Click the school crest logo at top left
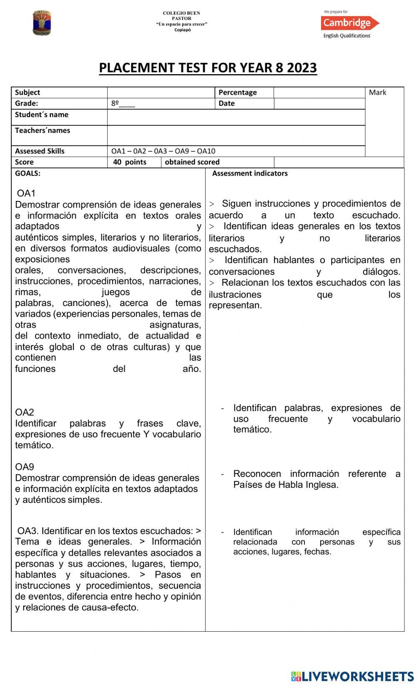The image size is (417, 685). (x=42, y=23)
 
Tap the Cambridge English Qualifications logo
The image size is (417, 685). (x=349, y=24)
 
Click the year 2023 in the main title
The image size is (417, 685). (x=301, y=68)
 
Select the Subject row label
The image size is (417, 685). (x=28, y=93)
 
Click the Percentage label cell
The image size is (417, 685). (x=237, y=93)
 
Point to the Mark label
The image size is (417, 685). (x=377, y=93)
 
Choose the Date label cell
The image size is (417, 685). (x=226, y=103)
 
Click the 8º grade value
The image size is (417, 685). (x=116, y=103)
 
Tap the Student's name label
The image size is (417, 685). (x=42, y=115)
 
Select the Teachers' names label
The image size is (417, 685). (x=43, y=130)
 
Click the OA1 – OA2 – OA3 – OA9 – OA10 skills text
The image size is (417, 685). (x=163, y=151)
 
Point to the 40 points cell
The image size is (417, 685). (x=130, y=162)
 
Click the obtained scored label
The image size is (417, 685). (x=192, y=162)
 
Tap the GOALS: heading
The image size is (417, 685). (x=28, y=173)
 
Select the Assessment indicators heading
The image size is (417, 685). (x=250, y=173)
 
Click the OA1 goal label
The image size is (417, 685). (x=26, y=193)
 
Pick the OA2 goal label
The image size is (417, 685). (x=25, y=412)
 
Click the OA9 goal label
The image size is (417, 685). (x=25, y=467)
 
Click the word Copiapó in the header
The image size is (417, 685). (x=182, y=30)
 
